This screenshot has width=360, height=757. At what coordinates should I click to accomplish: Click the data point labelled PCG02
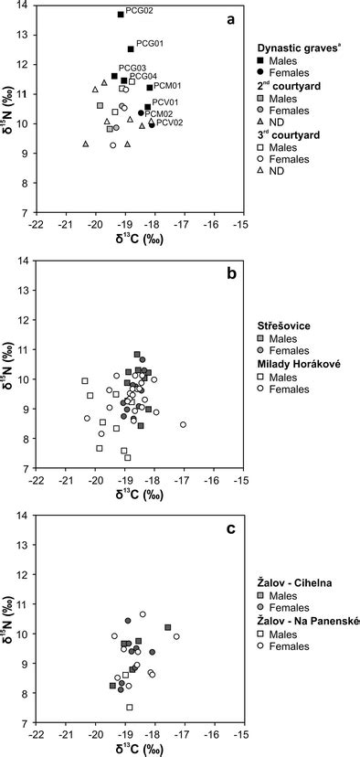click(x=121, y=15)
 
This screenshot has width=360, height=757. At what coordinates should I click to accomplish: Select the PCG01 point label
click(x=150, y=44)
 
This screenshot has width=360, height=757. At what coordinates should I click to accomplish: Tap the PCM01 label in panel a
click(x=168, y=86)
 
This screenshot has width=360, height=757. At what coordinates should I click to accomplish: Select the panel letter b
click(x=232, y=272)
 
